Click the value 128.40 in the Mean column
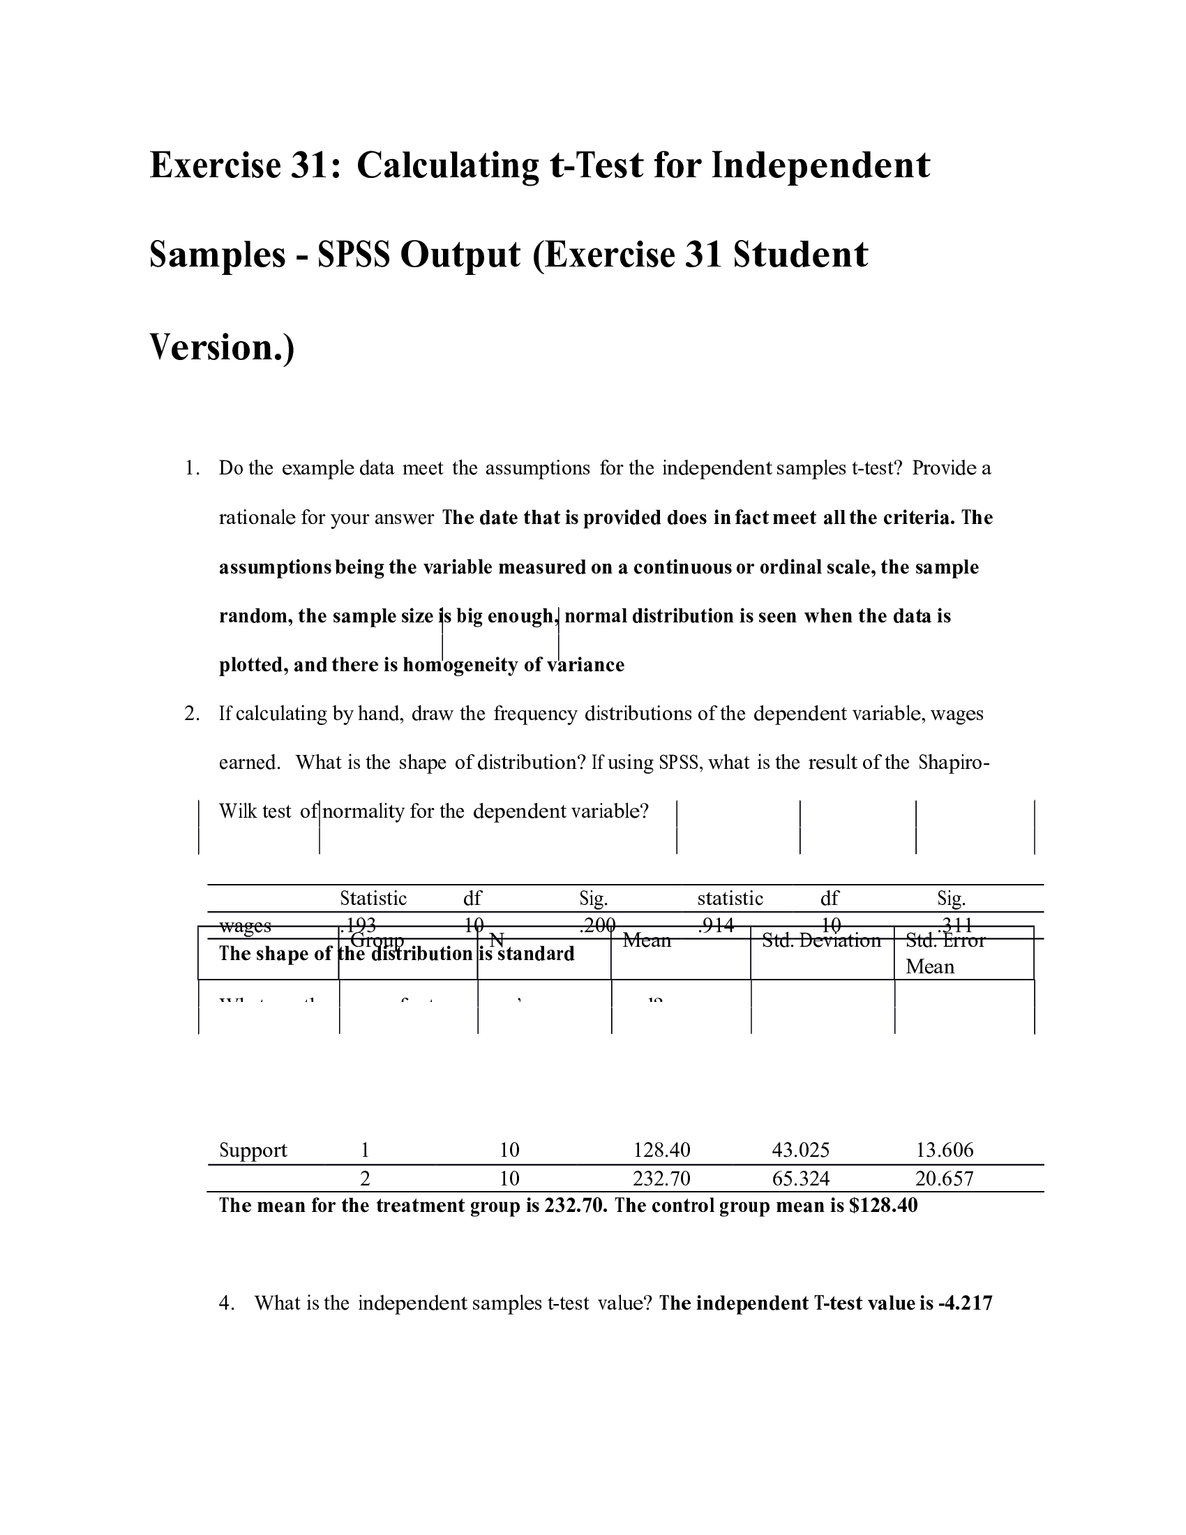(661, 1151)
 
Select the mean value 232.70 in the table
(661, 1178)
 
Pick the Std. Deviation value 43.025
(800, 1151)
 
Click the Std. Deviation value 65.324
(800, 1178)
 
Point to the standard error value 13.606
(945, 1151)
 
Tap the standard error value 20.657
(945, 1178)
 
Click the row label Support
(253, 1151)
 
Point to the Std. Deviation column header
(820, 941)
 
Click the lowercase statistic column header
(729, 899)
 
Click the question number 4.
(225, 1304)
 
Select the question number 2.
(191, 714)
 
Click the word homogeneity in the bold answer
(460, 666)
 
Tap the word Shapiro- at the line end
(954, 763)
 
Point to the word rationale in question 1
(256, 518)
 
